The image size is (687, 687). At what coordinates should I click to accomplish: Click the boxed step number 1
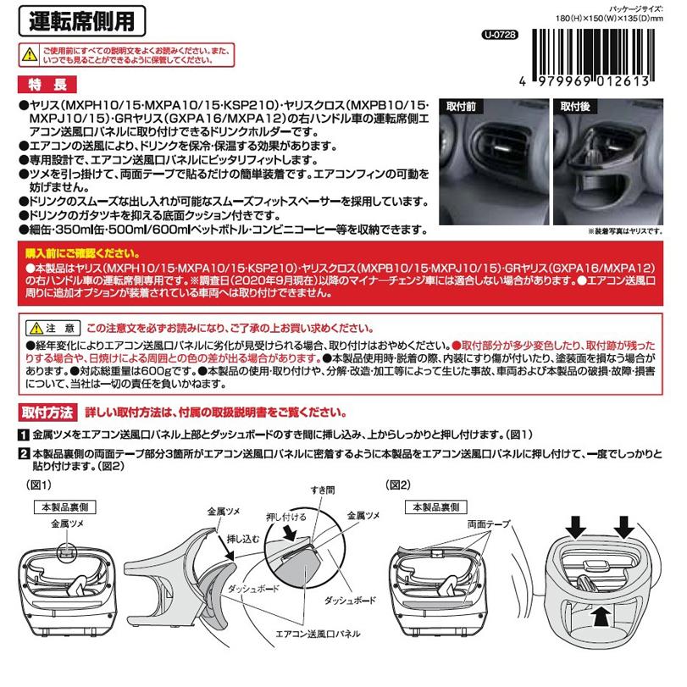coord(22,433)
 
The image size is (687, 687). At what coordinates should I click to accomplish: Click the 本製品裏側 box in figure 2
coord(433,506)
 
